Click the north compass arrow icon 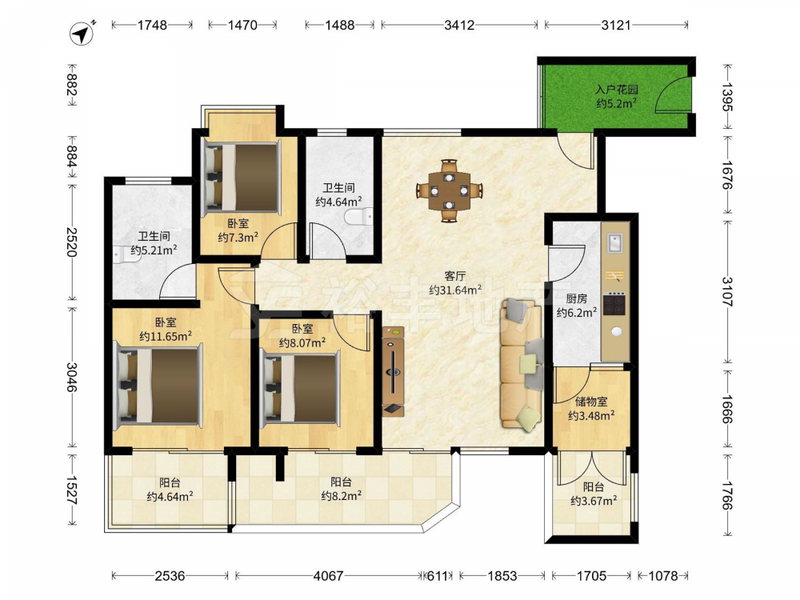coord(82,34)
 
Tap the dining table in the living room coord(449,191)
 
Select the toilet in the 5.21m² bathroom coord(126,254)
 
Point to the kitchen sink coord(614,243)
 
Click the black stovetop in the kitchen coord(614,304)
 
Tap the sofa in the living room coord(522,364)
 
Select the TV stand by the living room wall coord(394,372)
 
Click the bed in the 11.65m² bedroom coord(158,386)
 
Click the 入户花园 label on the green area coord(616,90)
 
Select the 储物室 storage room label coord(591,402)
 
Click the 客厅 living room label coord(455,277)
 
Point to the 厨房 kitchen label coord(577,299)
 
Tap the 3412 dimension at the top coord(459,25)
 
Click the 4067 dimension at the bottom coord(328,576)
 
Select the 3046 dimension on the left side coord(71,378)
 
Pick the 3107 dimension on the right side coord(727,291)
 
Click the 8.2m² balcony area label coord(342,495)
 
